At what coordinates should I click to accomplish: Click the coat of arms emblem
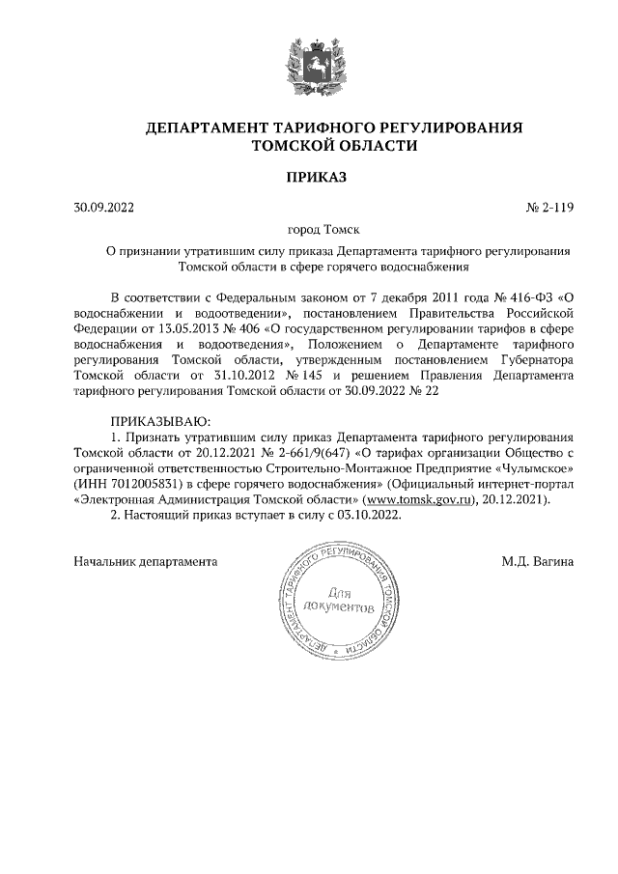tap(308, 64)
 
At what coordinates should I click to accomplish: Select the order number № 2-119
tap(549, 207)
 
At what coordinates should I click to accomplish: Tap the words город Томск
tap(323, 230)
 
